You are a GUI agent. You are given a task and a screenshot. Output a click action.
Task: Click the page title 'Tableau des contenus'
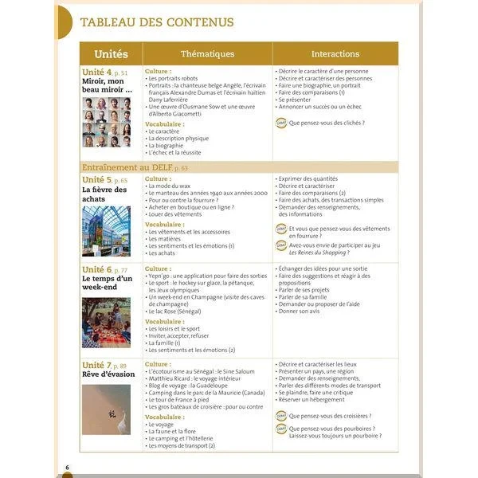click(x=157, y=22)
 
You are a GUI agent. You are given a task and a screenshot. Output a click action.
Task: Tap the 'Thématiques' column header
click(x=207, y=54)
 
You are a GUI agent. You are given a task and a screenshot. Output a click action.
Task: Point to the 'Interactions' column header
click(x=335, y=54)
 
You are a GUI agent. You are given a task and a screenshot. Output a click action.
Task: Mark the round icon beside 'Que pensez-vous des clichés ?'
click(x=280, y=123)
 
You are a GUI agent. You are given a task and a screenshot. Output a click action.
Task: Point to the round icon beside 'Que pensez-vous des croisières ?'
click(x=280, y=416)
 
